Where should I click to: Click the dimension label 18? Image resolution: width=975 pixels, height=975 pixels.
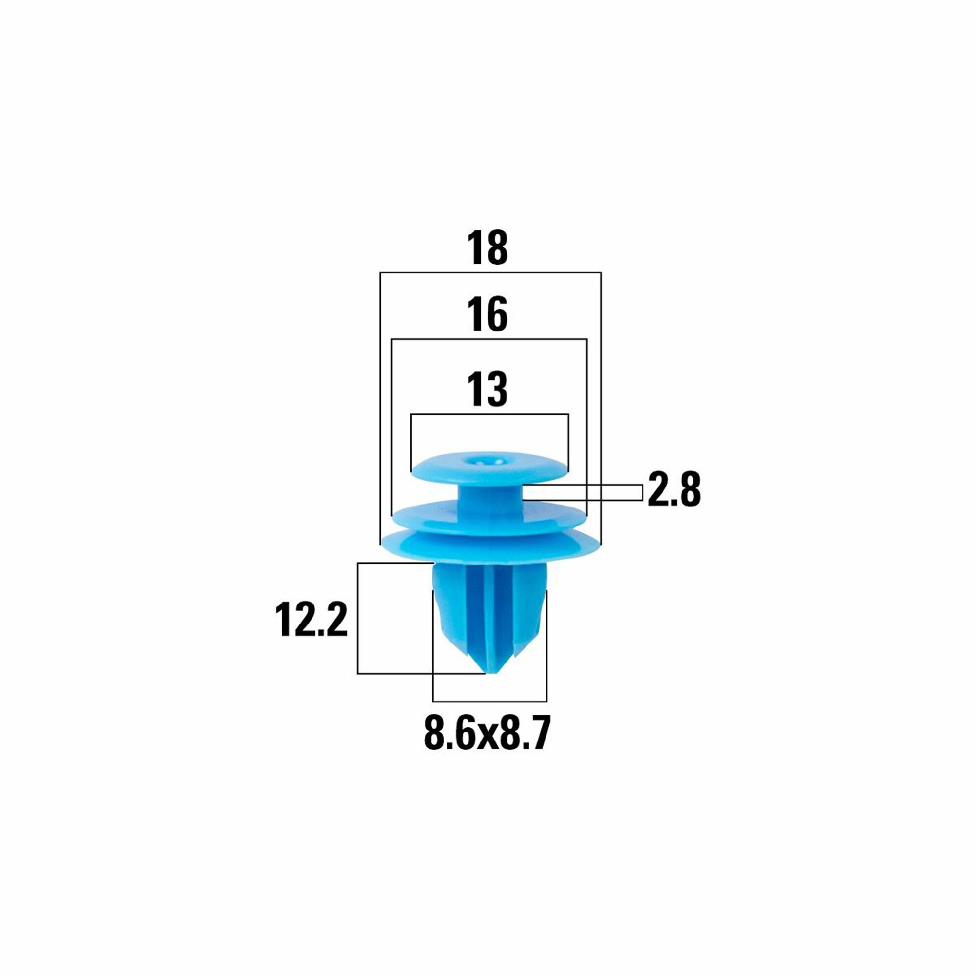tap(487, 247)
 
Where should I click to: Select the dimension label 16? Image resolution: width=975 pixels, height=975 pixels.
tap(487, 314)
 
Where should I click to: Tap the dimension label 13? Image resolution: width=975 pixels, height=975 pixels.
tap(487, 389)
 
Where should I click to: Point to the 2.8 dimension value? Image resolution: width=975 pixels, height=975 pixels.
tap(674, 489)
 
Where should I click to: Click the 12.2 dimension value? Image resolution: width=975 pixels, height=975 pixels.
tap(312, 620)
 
